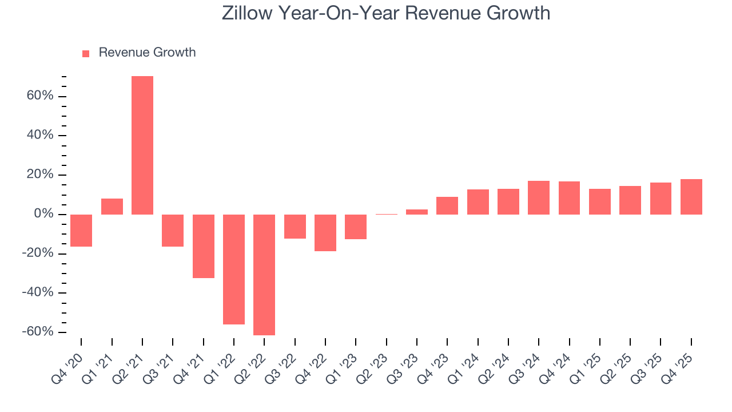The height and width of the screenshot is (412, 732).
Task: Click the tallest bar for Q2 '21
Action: click(142, 145)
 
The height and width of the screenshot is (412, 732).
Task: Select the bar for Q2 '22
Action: click(264, 275)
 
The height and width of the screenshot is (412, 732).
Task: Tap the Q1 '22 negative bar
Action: click(234, 270)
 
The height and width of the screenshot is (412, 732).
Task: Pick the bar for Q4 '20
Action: click(81, 231)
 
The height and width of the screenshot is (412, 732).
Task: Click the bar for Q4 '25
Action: click(691, 197)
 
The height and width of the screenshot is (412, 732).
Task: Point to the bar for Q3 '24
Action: click(539, 198)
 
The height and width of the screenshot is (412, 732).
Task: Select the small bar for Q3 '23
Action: click(417, 212)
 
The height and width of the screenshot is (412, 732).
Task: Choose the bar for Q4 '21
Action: click(203, 246)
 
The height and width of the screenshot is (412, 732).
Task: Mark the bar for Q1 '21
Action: click(112, 207)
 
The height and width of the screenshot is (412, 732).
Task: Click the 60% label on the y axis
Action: click(39, 96)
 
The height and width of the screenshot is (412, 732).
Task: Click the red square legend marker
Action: click(86, 54)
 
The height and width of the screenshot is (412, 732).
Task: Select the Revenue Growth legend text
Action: click(147, 53)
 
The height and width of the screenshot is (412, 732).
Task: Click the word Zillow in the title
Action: click(246, 13)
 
